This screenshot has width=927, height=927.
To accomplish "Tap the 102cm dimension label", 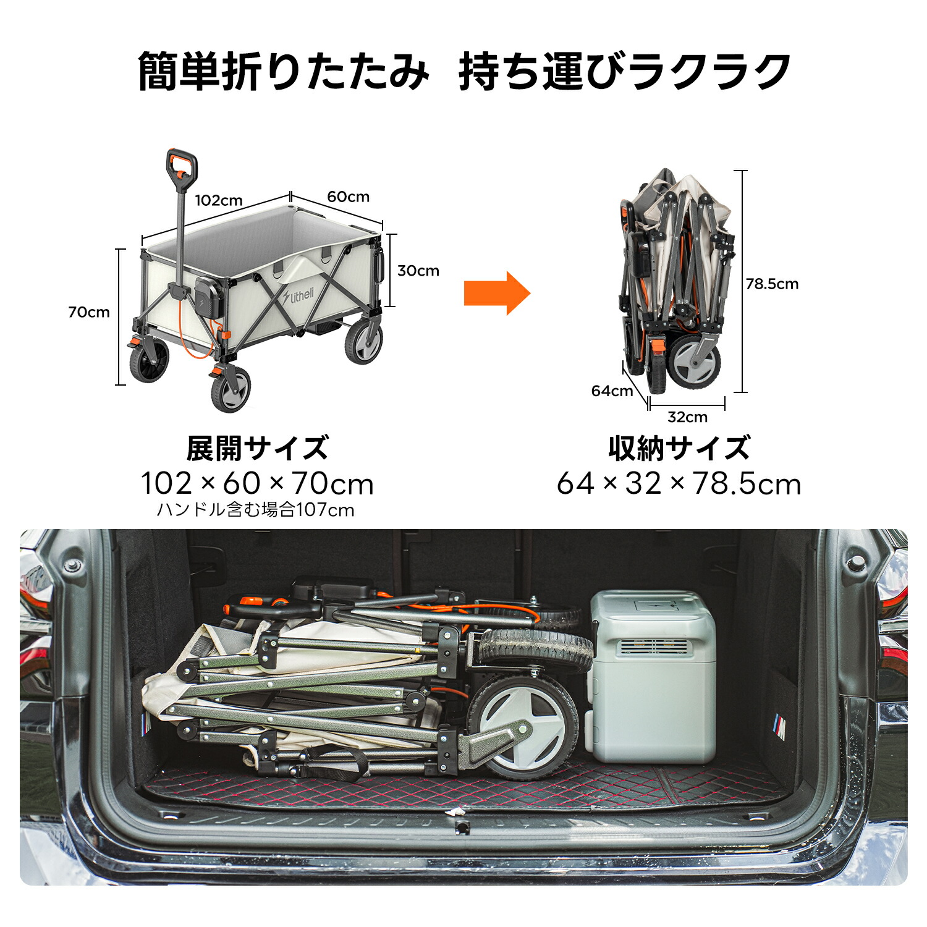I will coord(219,200).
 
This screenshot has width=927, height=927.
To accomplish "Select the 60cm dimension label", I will coord(348,197).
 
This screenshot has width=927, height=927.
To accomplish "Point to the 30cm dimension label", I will coord(418,271).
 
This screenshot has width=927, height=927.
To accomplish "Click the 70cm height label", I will coord(89,312).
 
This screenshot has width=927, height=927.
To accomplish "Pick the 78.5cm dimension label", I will coord(772,284).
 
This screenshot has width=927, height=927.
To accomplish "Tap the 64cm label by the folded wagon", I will coord(612,391).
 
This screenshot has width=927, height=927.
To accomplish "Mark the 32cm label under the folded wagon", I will coord(687,417).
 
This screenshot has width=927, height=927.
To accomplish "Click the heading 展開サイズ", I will coord(257,448).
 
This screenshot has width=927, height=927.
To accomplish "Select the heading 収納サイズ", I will coord(679,448).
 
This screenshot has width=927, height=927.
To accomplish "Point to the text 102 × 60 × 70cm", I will coord(257,483).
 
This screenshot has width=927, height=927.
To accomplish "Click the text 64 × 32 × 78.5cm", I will coord(679,483).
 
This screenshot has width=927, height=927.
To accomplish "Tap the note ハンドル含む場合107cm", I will coord(255,510).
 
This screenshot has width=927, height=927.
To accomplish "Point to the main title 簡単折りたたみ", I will coord(283,72).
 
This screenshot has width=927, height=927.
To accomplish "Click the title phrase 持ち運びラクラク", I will coord(625,72).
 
